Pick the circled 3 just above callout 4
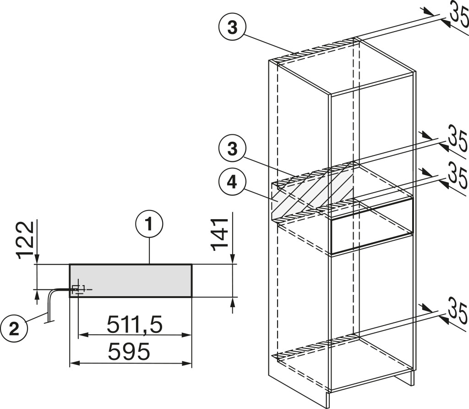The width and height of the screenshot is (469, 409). [x=232, y=149]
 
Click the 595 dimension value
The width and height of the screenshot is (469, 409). [x=129, y=352]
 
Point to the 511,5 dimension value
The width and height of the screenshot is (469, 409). [x=135, y=325]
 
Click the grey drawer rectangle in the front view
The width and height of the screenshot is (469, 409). [x=131, y=281]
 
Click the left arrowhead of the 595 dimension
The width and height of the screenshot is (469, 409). [x=74, y=363]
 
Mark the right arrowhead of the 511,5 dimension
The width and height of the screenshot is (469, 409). [x=187, y=335]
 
